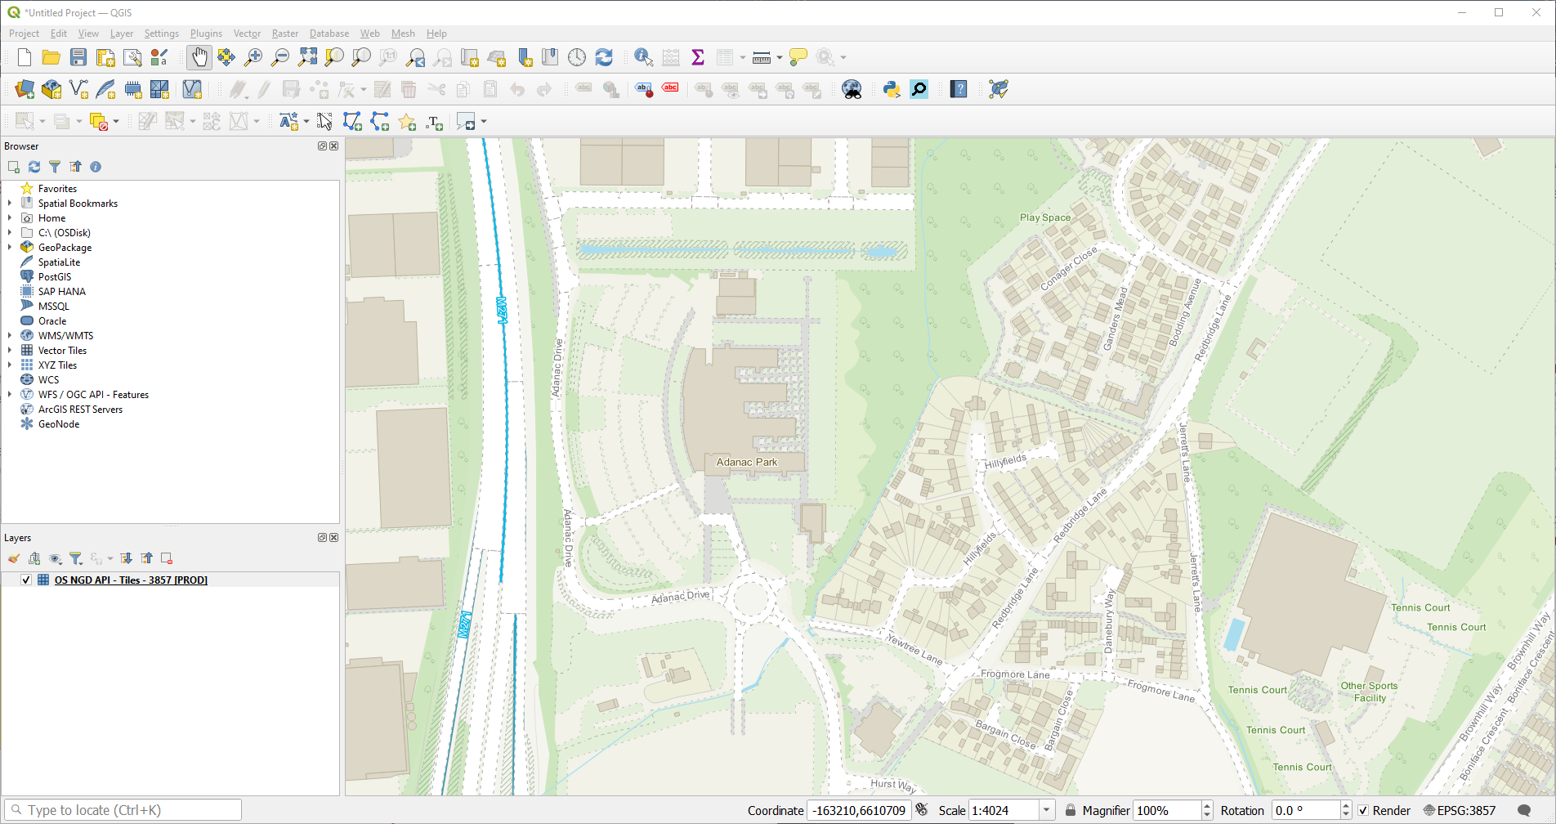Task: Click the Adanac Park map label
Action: coord(746,462)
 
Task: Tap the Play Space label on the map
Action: coord(1044,217)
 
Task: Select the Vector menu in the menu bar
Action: coord(247,34)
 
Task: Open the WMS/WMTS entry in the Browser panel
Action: coord(65,336)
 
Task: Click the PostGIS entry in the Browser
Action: coord(54,277)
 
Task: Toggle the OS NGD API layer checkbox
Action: coord(26,580)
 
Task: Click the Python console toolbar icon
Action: coord(891,89)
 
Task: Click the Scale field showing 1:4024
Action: coord(1003,810)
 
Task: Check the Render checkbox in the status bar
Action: coord(1363,810)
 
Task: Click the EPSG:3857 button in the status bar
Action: coord(1460,810)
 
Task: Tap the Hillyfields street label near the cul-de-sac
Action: coord(1005,461)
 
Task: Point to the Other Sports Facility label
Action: coord(1369,692)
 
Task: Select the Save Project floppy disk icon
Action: coord(78,57)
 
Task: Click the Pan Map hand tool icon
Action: coord(199,57)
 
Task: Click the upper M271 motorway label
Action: coord(502,310)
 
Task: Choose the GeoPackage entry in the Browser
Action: coord(65,248)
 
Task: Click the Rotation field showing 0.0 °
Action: coord(1305,810)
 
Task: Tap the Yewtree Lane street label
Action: coord(914,649)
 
